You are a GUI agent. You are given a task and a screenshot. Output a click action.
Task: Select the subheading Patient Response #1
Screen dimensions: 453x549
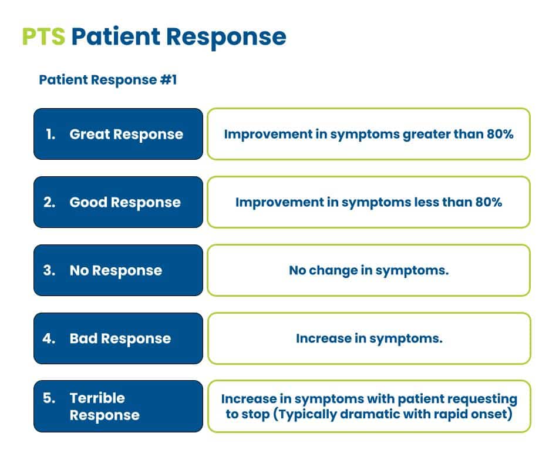coord(107,80)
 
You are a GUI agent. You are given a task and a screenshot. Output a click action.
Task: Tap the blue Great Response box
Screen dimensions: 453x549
coord(118,134)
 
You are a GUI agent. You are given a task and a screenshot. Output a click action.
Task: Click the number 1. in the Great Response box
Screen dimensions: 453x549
coord(50,134)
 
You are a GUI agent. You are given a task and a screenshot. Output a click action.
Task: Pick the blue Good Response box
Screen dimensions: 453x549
coord(118,202)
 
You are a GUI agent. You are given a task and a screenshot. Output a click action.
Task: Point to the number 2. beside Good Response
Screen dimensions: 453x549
coord(50,202)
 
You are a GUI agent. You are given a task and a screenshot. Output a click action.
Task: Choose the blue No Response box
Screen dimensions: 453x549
coord(118,270)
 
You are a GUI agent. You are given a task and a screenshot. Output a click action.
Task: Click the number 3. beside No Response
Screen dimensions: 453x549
coord(50,270)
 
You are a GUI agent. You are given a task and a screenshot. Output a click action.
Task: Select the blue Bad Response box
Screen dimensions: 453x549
coord(118,338)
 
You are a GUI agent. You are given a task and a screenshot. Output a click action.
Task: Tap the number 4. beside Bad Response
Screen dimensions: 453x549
coord(50,338)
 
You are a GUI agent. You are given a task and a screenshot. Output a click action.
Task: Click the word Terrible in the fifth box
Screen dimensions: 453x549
coord(97,398)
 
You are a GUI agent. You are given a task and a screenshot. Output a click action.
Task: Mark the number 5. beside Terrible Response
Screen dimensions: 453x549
coord(50,398)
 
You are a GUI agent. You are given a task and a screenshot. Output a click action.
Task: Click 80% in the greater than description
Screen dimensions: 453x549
coord(500,134)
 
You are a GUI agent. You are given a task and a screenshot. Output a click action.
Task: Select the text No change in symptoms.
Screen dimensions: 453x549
coord(368,270)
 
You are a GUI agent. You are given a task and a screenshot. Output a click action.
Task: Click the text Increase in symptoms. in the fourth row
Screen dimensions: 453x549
coord(368,338)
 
